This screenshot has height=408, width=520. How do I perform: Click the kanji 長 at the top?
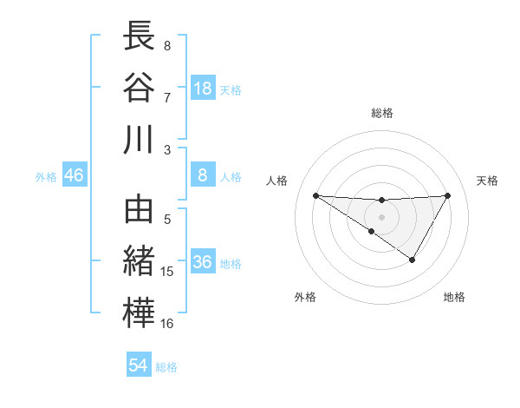[139, 36]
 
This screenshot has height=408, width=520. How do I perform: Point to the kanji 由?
[139, 209]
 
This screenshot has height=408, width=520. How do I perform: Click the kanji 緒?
[139, 261]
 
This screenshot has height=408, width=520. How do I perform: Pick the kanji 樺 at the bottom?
[139, 313]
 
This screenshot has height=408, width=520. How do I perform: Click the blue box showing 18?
[203, 88]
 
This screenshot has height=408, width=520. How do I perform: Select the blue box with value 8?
[203, 175]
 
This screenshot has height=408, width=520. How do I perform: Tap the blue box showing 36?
[203, 263]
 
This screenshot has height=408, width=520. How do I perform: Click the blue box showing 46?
[75, 175]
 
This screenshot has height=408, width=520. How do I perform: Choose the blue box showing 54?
[139, 365]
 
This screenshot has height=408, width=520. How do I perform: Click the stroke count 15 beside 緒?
[167, 272]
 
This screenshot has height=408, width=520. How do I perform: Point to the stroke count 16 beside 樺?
[167, 324]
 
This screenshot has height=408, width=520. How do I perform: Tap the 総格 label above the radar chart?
[381, 113]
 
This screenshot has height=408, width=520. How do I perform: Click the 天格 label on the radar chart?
[488, 181]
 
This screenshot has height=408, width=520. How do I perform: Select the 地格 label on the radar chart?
[454, 297]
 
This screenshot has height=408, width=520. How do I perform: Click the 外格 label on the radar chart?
[305, 297]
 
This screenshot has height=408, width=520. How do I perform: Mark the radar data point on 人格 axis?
[315, 195]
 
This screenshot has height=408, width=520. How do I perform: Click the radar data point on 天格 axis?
[447, 195]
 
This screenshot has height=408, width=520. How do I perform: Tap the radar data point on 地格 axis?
[413, 260]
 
